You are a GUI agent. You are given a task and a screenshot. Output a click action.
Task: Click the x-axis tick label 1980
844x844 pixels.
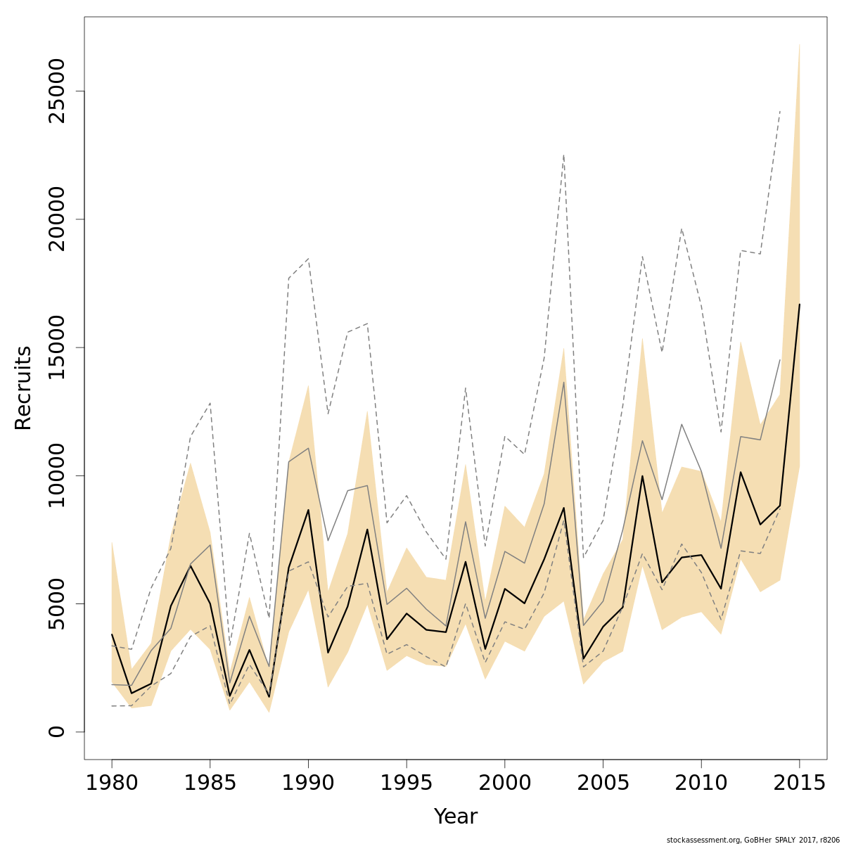click(112, 783)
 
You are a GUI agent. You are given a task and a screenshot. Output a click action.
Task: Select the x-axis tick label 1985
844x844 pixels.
click(210, 783)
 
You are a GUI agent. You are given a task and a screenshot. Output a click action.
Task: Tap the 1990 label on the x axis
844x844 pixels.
click(308, 783)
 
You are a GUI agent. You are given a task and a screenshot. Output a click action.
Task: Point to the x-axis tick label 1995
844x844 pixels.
click(407, 783)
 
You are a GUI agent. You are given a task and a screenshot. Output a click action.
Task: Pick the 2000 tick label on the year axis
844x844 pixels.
click(504, 783)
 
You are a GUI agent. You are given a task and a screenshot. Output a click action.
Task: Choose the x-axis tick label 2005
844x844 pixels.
click(603, 783)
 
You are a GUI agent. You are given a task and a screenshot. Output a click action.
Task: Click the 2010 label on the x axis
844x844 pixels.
click(701, 783)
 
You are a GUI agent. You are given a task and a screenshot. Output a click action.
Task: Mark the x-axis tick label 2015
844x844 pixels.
click(799, 783)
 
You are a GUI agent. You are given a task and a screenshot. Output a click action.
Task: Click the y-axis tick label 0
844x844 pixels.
click(56, 731)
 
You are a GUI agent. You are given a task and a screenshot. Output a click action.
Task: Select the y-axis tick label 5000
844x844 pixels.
click(56, 603)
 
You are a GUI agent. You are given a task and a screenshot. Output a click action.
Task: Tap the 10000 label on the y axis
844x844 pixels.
click(56, 475)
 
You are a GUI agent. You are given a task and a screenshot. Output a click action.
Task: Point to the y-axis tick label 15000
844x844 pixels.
click(56, 347)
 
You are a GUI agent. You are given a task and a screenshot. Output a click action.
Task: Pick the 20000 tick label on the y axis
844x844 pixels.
click(56, 219)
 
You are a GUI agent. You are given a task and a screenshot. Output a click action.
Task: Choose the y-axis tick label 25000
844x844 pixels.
click(56, 91)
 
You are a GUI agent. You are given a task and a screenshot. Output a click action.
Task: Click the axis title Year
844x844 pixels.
click(456, 817)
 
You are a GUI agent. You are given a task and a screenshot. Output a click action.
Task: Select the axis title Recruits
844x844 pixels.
click(23, 388)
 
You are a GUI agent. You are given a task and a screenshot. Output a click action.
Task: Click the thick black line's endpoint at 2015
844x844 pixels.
click(799, 305)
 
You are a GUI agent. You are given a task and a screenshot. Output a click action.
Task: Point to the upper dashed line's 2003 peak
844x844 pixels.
click(563, 155)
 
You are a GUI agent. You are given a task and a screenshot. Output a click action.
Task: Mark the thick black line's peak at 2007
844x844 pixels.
click(642, 476)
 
